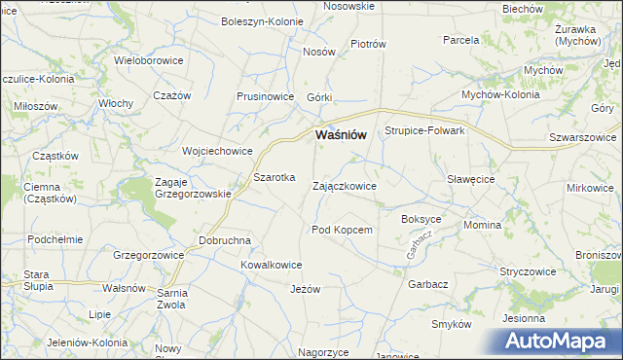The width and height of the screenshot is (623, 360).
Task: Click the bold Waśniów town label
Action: coord(340,136)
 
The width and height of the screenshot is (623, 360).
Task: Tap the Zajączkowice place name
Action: coord(344,185)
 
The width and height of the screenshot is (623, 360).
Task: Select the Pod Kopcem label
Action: coord(342,230)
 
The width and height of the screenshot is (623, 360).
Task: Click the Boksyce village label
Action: coord(421,220)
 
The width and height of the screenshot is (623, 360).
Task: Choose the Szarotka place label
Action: coord(274,178)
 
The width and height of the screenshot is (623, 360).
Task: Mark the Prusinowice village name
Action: coord(266,96)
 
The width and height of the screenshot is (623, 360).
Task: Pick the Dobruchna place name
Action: coord(225,240)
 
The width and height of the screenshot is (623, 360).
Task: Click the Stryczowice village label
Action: coord(528,271)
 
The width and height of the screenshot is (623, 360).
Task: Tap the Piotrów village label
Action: coord(368,44)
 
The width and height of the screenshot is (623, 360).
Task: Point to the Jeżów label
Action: coord(305,289)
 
